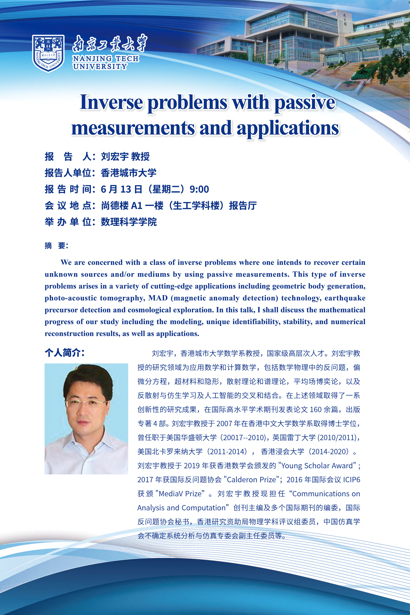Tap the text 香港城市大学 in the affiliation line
[x=129, y=173]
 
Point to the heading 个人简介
[x=64, y=353]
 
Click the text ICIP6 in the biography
[x=351, y=480]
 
